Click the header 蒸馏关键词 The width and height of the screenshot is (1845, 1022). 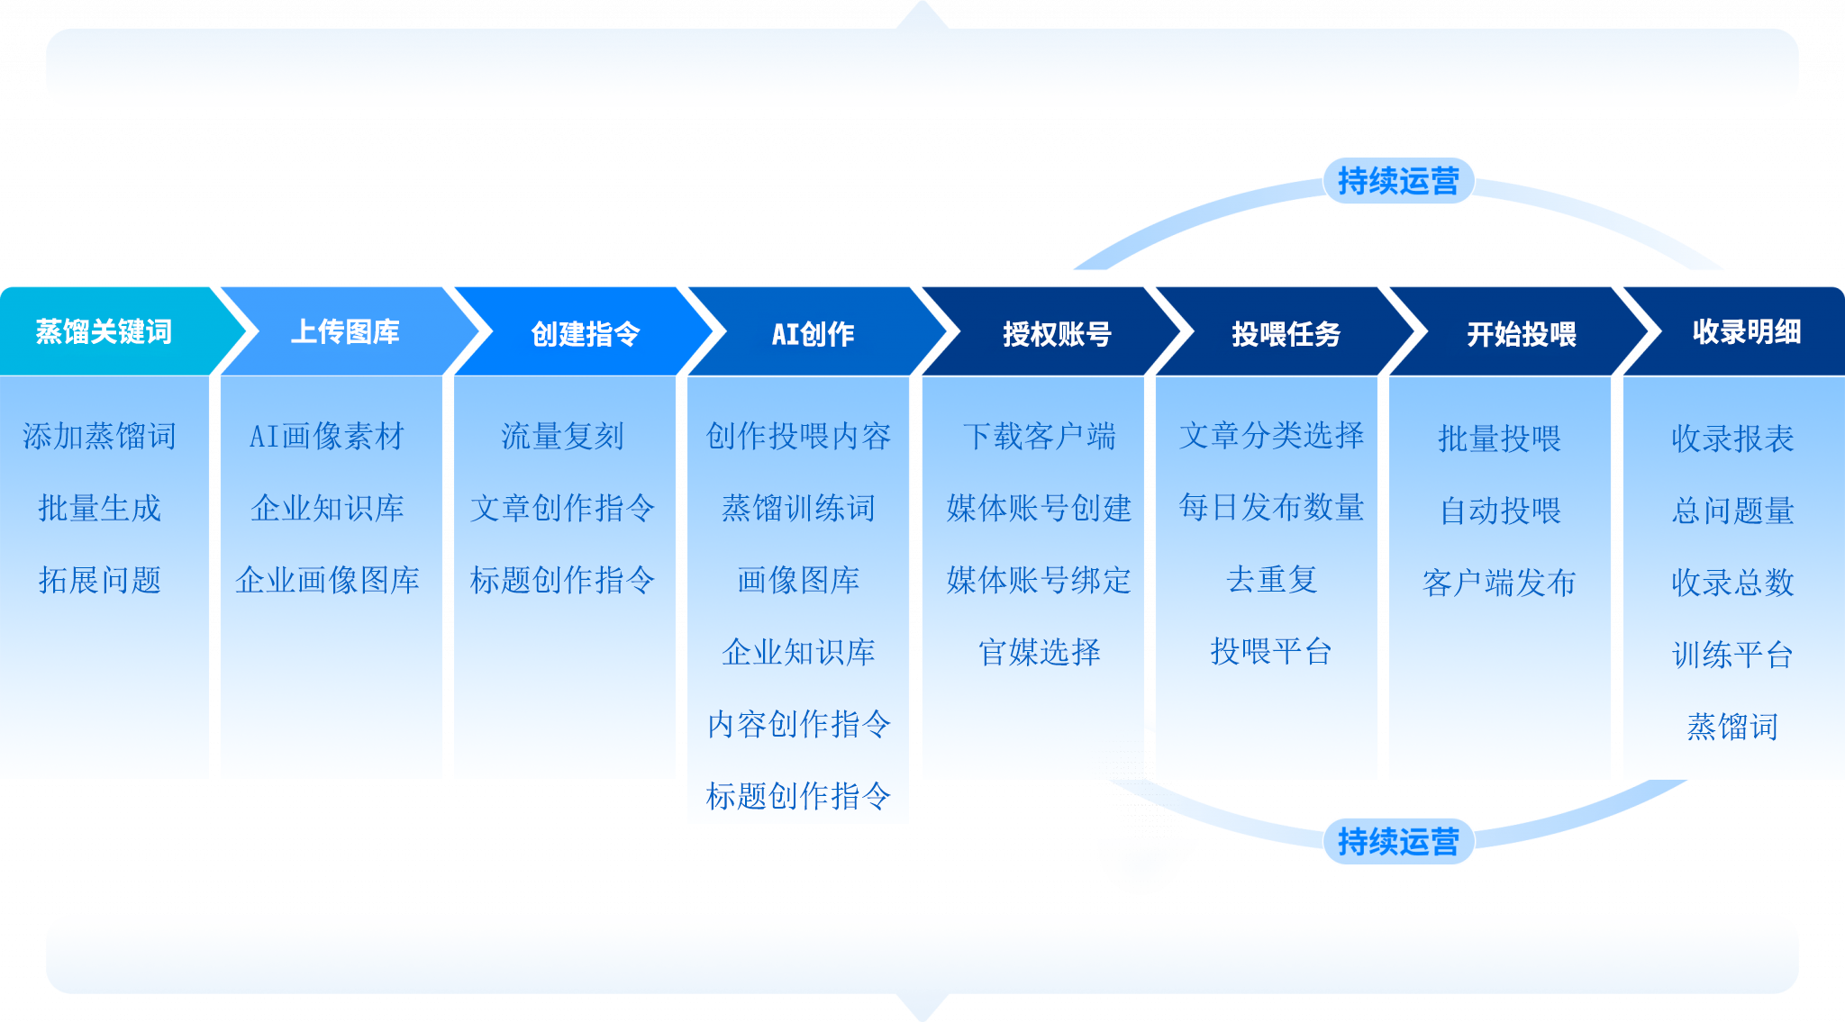[104, 331]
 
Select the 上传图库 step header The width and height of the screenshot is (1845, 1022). [345, 331]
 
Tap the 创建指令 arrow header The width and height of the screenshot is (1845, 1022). [585, 333]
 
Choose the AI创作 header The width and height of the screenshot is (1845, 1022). [813, 333]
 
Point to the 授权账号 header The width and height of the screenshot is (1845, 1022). [1057, 333]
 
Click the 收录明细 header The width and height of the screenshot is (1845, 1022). [1746, 331]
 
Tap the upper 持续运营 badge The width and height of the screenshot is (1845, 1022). [1397, 181]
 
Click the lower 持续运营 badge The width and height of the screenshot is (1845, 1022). [1397, 842]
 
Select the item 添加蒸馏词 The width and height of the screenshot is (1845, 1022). [99, 436]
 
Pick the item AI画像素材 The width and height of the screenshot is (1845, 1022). [327, 436]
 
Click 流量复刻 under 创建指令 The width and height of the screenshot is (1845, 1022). [562, 436]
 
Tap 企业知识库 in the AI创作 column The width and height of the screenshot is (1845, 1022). [798, 652]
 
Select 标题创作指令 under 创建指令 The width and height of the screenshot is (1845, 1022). [562, 580]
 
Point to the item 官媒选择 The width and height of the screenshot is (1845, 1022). [1039, 652]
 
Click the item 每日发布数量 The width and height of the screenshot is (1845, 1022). [1271, 507]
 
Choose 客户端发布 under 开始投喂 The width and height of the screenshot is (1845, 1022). [1499, 583]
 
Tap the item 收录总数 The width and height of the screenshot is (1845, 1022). [1732, 583]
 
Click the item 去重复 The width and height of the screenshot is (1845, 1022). [1271, 579]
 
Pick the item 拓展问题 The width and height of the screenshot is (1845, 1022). [99, 580]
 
